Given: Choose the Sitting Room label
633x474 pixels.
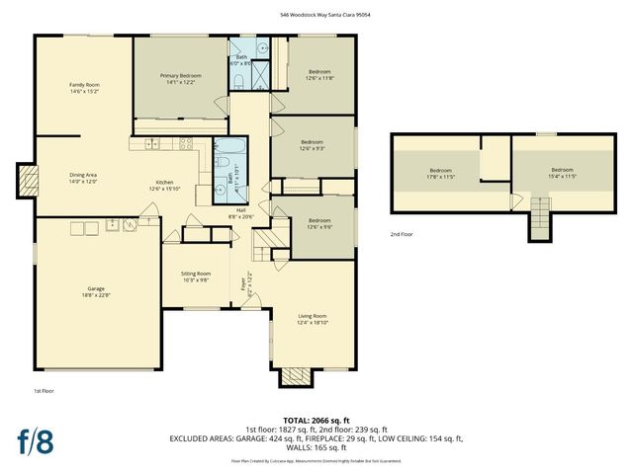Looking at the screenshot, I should pos(195,276).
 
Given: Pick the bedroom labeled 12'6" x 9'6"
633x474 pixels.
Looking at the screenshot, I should pos(318,222).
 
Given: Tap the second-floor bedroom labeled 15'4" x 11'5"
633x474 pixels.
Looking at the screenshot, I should pos(562,173).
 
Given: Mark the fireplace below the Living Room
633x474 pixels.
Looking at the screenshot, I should pos(294,376).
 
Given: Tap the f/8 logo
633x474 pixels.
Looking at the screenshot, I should pos(34,440).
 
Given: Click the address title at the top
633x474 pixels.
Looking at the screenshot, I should pos(316,15).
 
